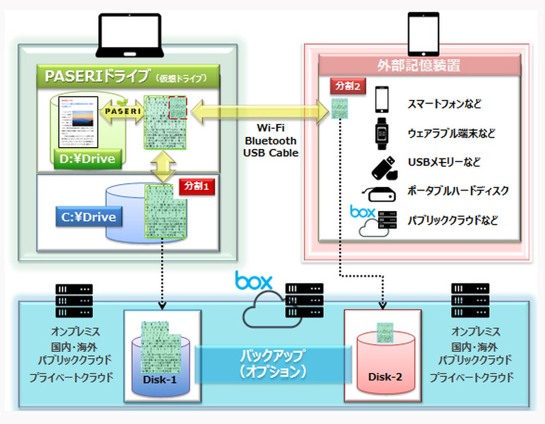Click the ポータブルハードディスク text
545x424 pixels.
coord(458,191)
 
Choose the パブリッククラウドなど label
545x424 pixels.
coord(452,221)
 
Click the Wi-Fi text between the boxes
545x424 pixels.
coord(270,127)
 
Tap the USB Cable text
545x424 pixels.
coord(270,153)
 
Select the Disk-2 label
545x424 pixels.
coord(386,377)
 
